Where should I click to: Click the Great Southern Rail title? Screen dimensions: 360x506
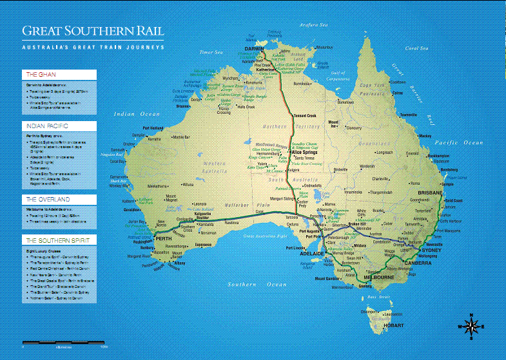click(x=93, y=31)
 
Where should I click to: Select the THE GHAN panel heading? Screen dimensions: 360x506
click(x=39, y=75)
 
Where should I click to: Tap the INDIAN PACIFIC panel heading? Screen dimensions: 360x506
click(x=45, y=126)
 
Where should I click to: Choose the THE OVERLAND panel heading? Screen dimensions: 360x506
click(x=46, y=200)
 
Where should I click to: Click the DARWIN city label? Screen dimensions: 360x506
click(x=256, y=48)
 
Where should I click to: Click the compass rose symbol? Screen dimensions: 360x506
click(x=472, y=327)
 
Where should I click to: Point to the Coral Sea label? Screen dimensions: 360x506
click(x=416, y=48)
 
